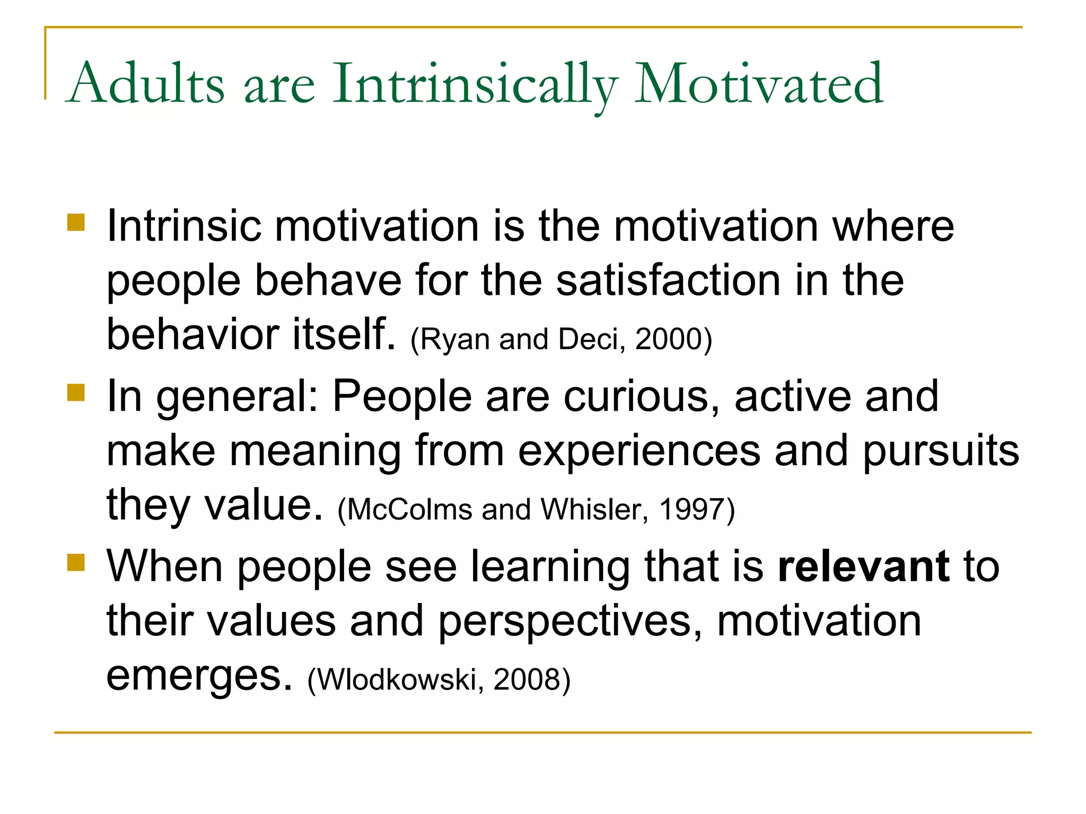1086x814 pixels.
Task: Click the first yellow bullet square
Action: (76, 223)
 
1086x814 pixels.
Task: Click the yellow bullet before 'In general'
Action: (76, 393)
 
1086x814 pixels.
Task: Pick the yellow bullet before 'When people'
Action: (76, 563)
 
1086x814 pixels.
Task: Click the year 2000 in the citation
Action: (669, 339)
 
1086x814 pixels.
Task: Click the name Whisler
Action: (594, 510)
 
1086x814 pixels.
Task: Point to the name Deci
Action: (589, 339)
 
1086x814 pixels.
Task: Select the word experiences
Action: (639, 452)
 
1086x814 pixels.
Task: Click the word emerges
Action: (199, 677)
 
